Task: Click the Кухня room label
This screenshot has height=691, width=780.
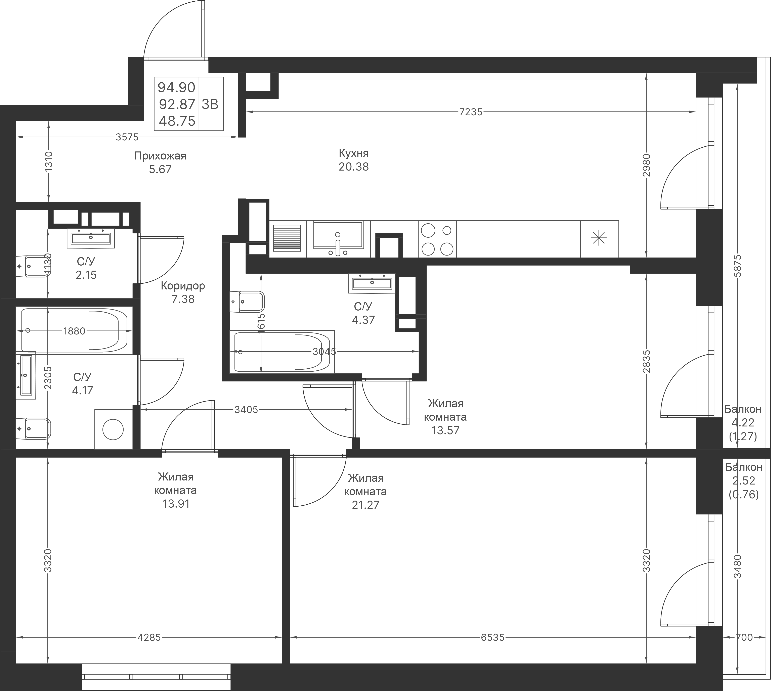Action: click(353, 153)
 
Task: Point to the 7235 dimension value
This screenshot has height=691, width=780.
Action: click(471, 112)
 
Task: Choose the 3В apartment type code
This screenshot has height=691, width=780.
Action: click(210, 104)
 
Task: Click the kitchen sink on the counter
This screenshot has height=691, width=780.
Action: click(338, 236)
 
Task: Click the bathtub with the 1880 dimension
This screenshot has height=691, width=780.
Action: click(74, 330)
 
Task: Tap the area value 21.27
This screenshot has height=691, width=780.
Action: click(365, 505)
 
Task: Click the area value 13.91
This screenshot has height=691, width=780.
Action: click(176, 504)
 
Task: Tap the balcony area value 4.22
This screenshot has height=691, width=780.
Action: click(743, 423)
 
